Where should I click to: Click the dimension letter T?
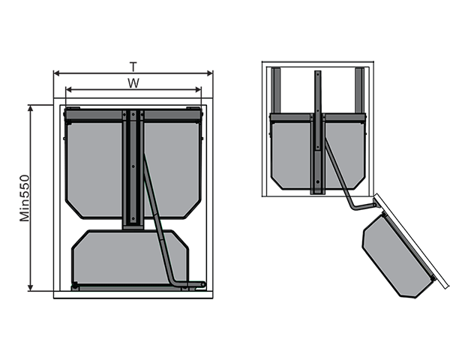click(133, 67)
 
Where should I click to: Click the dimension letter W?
click(133, 83)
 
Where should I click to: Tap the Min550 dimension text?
click(25, 198)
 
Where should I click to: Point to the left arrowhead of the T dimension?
click(56, 73)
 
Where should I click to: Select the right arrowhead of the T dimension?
click(210, 73)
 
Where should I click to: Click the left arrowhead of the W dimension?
click(69, 90)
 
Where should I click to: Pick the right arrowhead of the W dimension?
click(198, 90)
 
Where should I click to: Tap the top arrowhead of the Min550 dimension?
click(31, 108)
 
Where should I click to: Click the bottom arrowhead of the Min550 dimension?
click(31, 288)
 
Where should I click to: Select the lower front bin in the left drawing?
click(130, 257)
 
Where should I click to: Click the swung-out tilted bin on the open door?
click(398, 256)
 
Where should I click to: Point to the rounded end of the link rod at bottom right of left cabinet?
click(203, 284)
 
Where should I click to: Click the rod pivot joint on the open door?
click(374, 205)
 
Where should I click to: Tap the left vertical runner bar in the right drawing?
click(276, 91)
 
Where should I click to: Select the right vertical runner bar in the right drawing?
click(360, 91)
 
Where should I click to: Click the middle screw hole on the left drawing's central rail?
click(133, 166)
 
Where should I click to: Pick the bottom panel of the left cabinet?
click(133, 295)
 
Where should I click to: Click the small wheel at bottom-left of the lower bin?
click(75, 285)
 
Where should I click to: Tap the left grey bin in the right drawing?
click(291, 155)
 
